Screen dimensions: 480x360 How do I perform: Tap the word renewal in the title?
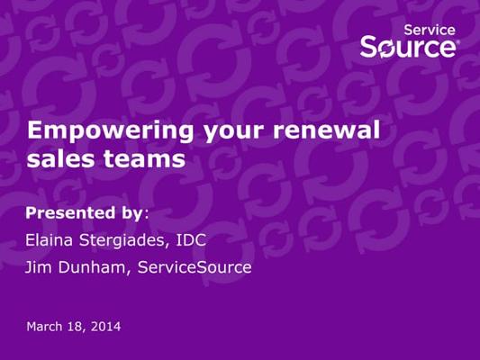pyautogui.click(x=326, y=130)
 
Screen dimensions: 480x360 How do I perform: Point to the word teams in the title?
pyautogui.click(x=144, y=158)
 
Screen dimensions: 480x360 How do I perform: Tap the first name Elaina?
pyautogui.click(x=49, y=239)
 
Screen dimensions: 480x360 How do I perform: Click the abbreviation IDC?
pyautogui.click(x=191, y=239)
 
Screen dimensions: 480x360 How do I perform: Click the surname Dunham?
pyautogui.click(x=92, y=267)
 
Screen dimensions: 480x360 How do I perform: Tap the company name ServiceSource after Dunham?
pyautogui.click(x=195, y=267)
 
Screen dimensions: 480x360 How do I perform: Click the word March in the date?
pyautogui.click(x=44, y=327)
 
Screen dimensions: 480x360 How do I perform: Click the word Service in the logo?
pyautogui.click(x=430, y=30)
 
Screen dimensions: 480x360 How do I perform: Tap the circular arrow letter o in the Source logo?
pyautogui.click(x=387, y=49)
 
